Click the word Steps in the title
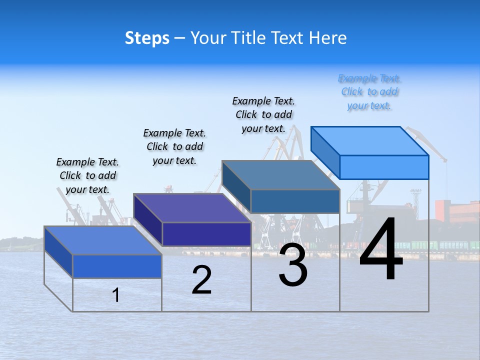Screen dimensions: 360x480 147,38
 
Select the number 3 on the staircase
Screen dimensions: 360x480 293,265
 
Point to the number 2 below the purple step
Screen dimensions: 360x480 201,280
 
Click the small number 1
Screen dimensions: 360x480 116,295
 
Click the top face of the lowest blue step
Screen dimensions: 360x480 102,240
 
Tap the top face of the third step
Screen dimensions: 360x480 280,175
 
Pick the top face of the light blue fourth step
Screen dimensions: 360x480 369,141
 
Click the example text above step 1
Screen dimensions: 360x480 87,175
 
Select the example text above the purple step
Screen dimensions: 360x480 174,146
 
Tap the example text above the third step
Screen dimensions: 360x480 263,114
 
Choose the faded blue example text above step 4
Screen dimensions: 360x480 369,92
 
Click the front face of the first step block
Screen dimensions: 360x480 117,266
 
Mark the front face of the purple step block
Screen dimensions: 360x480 206,234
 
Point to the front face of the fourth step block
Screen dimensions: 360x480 384,167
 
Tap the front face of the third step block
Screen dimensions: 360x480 295,201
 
